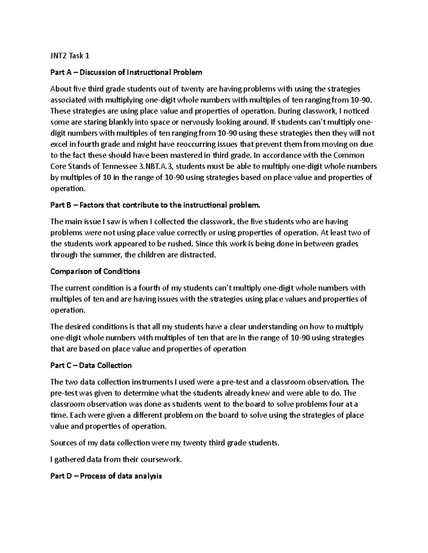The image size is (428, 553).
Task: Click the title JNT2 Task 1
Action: coord(70,56)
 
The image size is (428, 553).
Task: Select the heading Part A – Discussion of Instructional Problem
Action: coord(126,73)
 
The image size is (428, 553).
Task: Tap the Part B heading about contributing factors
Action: coord(156,205)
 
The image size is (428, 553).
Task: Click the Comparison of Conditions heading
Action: coord(95,271)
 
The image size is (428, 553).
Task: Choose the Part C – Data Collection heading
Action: coord(91,365)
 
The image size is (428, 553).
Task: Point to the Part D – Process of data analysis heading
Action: coord(106,476)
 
